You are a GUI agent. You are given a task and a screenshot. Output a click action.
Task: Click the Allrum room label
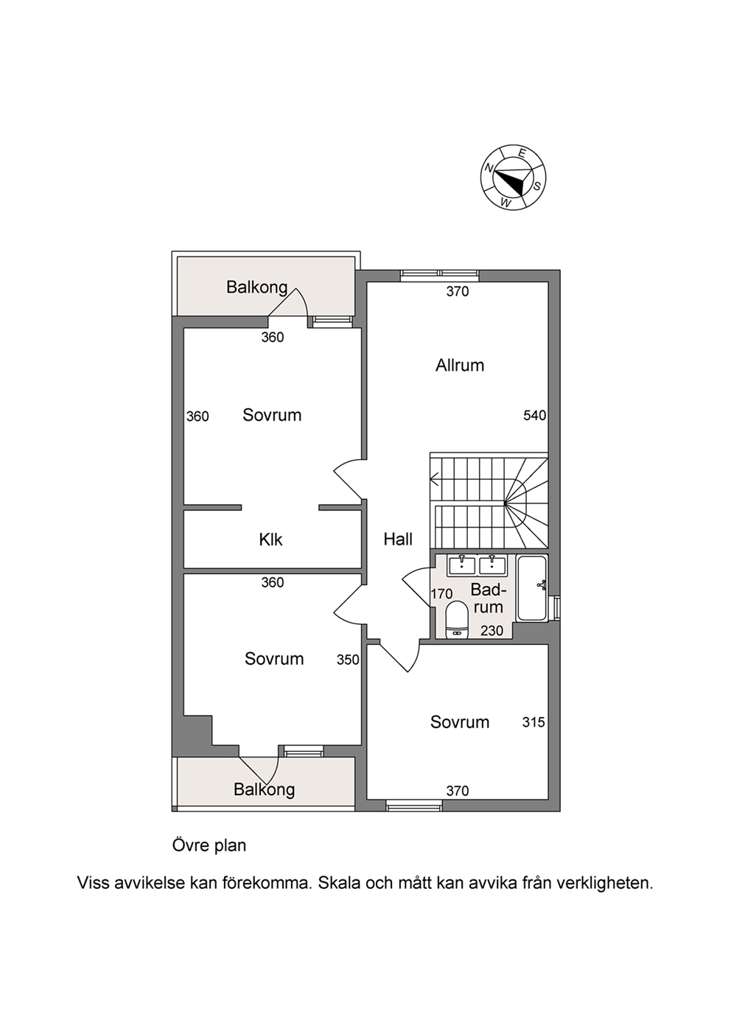tap(460, 366)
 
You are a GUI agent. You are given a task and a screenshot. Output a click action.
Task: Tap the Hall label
tap(398, 539)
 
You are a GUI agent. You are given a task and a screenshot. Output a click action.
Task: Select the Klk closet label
tap(270, 539)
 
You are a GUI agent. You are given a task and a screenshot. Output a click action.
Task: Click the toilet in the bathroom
tap(458, 620)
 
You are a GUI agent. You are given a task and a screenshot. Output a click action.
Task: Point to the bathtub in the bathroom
tap(532, 588)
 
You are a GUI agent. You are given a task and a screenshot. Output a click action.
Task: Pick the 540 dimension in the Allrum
tap(534, 416)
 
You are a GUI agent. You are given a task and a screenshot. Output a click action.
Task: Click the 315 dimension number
tap(534, 722)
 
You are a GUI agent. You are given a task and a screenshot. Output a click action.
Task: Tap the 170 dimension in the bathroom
tap(441, 593)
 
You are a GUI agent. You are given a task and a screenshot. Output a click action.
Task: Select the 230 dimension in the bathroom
tap(492, 631)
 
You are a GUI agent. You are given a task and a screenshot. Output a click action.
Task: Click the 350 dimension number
tap(348, 660)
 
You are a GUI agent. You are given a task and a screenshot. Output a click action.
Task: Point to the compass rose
tap(514, 178)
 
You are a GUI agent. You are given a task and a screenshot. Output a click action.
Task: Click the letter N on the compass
tap(489, 168)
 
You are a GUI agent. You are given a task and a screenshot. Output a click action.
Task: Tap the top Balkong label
tap(256, 287)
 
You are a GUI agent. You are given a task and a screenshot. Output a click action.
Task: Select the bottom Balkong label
tap(264, 789)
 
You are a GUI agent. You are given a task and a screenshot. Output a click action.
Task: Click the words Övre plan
tap(209, 845)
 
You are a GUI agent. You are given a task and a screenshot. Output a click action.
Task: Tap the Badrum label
tap(489, 598)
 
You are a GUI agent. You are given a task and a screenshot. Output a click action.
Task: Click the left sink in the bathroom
tap(461, 565)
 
